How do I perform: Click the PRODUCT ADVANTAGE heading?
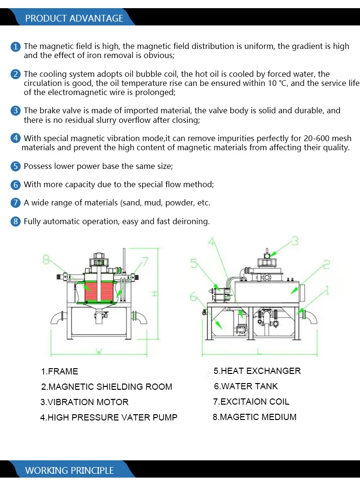click(74, 18)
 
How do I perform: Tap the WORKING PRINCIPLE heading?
click(69, 470)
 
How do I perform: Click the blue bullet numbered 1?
click(16, 47)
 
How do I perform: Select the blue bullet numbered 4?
click(16, 138)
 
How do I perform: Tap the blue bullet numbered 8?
click(16, 222)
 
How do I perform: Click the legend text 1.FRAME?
click(60, 371)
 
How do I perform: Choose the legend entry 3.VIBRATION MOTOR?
click(84, 402)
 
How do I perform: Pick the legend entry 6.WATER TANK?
click(246, 386)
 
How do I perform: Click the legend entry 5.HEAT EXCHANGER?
click(257, 371)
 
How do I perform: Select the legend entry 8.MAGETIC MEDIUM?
click(254, 417)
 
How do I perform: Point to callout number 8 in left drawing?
click(47, 260)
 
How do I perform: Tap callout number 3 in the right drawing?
click(295, 240)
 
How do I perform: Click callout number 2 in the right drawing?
click(326, 264)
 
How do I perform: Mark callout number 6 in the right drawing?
click(194, 297)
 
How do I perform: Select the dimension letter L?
click(259, 352)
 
